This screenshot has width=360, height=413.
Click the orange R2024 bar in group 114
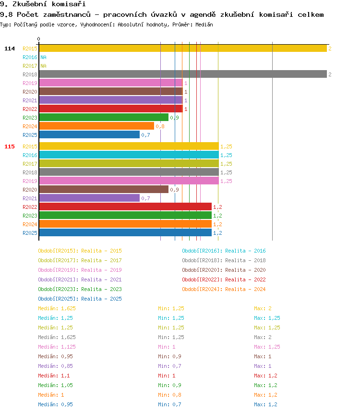[x=96, y=126]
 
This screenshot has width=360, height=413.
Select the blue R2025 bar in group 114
[x=89, y=134]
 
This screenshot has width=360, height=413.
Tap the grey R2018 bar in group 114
[x=182, y=74]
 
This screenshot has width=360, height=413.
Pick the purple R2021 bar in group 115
[x=89, y=198]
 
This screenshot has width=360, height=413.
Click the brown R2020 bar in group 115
[x=103, y=189]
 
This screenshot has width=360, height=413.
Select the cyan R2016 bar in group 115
[x=128, y=155]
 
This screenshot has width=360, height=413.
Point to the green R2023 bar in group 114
[x=103, y=117]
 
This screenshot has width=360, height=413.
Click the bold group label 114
[x=10, y=49]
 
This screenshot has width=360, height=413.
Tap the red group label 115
[x=10, y=146]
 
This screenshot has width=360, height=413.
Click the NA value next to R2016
[x=43, y=57]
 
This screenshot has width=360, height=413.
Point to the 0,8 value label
[x=160, y=126]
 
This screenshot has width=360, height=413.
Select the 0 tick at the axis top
[x=39, y=39]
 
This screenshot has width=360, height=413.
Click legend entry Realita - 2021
[x=80, y=279]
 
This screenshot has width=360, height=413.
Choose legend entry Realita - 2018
[x=224, y=260]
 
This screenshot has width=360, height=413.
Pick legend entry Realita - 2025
[x=80, y=299]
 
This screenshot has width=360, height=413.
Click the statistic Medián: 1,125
[x=57, y=347]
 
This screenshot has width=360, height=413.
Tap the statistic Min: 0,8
[x=171, y=395]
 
